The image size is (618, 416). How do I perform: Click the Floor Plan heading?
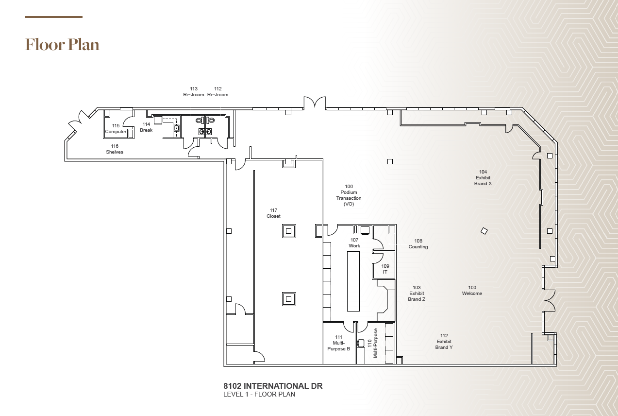click(62, 45)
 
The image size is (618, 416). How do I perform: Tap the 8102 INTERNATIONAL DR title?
click(273, 386)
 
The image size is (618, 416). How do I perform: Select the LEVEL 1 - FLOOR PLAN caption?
click(259, 395)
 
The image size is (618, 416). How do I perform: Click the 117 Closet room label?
click(273, 213)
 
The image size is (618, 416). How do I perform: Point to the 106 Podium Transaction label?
click(349, 195)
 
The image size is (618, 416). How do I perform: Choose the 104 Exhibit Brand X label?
click(483, 178)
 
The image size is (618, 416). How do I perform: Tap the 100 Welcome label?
click(472, 291)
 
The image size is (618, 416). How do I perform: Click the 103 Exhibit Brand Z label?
click(417, 294)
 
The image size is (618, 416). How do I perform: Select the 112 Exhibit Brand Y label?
click(444, 342)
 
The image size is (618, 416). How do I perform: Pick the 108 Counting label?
click(418, 244)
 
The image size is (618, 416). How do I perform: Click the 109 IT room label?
click(385, 269)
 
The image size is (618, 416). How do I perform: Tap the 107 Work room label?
click(354, 243)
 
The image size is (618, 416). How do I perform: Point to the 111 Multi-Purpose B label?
click(338, 343)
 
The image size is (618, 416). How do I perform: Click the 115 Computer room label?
click(116, 129)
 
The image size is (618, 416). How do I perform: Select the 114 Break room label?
click(146, 127)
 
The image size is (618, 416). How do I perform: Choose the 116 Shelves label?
click(115, 149)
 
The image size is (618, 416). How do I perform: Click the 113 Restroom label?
click(194, 92)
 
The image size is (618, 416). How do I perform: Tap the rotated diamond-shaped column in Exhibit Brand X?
click(484, 231)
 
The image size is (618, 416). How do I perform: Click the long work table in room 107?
click(353, 282)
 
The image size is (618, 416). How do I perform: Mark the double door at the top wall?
click(315, 103)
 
